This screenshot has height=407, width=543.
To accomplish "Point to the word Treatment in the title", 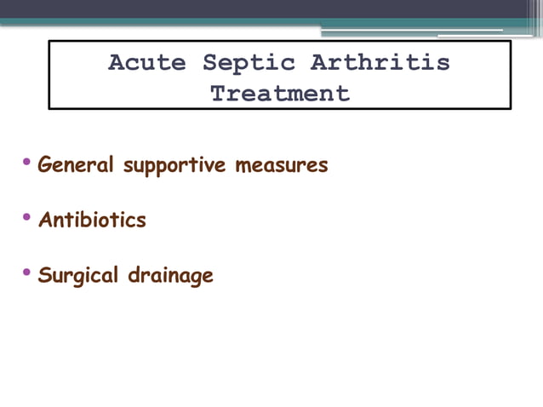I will point(280,93).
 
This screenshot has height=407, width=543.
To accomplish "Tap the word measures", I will point(282,165).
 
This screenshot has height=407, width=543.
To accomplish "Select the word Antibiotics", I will point(92,221).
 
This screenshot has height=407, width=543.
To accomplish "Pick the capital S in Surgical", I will point(45,276).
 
